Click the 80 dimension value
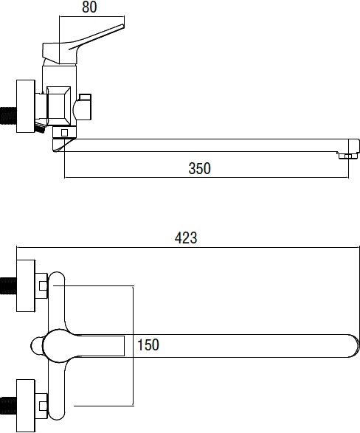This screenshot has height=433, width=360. point(89,7)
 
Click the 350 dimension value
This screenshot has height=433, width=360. point(200,168)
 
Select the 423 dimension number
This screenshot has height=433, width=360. point(186,238)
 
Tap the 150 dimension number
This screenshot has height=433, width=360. point(148,344)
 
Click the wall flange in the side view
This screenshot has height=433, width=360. point(26,106)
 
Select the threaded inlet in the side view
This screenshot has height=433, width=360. point(8,117)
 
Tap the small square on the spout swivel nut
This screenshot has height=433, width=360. point(64,133)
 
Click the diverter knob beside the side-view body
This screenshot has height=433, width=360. point(82,108)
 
